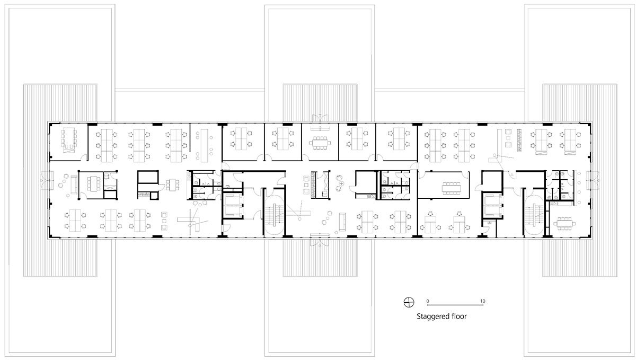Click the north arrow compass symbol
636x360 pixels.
click(x=409, y=302)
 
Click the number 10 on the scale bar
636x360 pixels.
click(x=483, y=301)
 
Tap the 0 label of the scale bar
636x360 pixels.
click(x=428, y=301)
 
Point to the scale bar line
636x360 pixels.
click(x=455, y=305)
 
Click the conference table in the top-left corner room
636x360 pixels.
click(x=68, y=138)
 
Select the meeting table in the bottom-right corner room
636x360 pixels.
click(x=564, y=223)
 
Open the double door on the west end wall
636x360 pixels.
click(x=45, y=180)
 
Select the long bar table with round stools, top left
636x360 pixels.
click(x=204, y=145)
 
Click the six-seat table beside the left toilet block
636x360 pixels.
click(x=172, y=185)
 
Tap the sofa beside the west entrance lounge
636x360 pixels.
click(x=74, y=185)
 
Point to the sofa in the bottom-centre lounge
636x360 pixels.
click(x=342, y=222)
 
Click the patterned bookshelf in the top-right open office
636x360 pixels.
click(x=519, y=140)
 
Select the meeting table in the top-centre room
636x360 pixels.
click(x=320, y=143)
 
